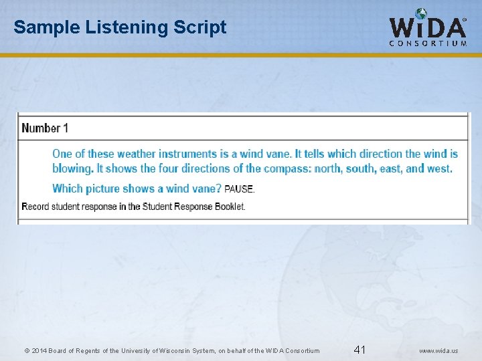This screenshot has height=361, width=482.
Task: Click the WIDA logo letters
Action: pyautogui.click(x=428, y=27)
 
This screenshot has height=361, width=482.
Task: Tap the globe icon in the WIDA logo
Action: pyautogui.click(x=421, y=13)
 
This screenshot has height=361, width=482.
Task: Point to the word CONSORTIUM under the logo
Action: pyautogui.click(x=428, y=43)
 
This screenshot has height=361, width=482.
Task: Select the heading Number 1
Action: pyautogui.click(x=45, y=128)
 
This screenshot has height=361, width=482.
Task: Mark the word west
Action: pyautogui.click(x=439, y=168)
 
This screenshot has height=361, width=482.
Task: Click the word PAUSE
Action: pyautogui.click(x=239, y=189)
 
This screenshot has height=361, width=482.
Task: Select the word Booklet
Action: pyautogui.click(x=230, y=206)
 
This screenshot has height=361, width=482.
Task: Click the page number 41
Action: pyautogui.click(x=359, y=350)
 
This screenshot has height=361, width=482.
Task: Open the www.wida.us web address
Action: pyautogui.click(x=439, y=350)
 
